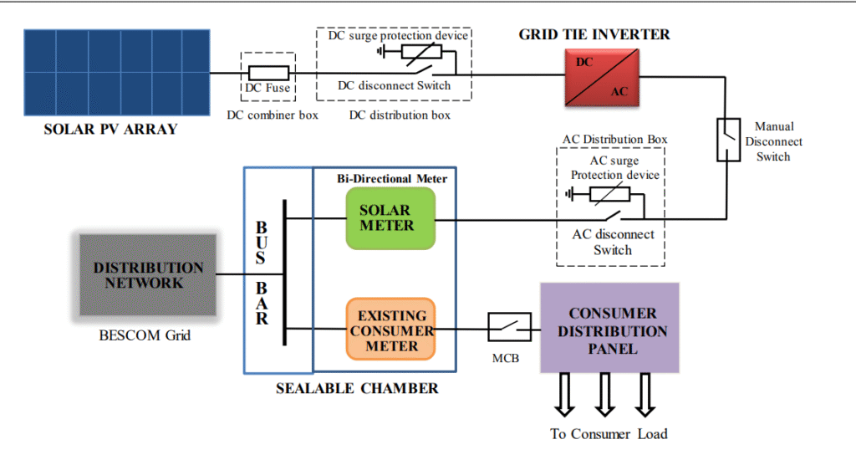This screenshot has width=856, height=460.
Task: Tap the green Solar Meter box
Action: click(x=390, y=218)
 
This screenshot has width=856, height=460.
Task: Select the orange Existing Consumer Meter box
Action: click(x=390, y=329)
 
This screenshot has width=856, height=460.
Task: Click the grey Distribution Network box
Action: click(x=148, y=274)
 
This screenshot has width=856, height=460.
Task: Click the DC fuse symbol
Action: click(x=269, y=74)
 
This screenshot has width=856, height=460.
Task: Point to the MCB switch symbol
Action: click(x=509, y=327)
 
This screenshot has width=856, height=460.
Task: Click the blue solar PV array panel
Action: click(x=116, y=73)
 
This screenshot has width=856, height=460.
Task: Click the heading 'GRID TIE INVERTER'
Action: click(x=594, y=35)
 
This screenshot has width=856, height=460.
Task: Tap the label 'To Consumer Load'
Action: click(x=609, y=434)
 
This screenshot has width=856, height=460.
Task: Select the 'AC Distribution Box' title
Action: click(x=615, y=139)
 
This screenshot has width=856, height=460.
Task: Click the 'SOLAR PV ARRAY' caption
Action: click(x=111, y=130)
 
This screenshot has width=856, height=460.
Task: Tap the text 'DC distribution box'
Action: click(x=400, y=115)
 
